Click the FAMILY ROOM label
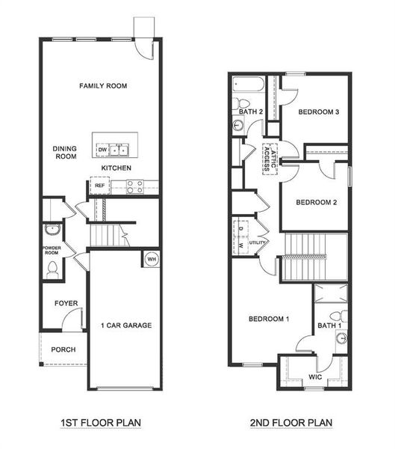point(103,86)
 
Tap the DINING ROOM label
point(65,153)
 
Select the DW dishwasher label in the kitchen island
point(102,150)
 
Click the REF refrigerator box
point(99,185)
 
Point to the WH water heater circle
point(151,259)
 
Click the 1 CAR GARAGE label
point(126,326)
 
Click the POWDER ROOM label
point(52,249)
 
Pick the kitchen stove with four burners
point(135,186)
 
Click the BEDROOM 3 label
point(319,112)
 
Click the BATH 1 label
point(329,326)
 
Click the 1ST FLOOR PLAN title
point(101,423)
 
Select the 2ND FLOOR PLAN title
point(290,423)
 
